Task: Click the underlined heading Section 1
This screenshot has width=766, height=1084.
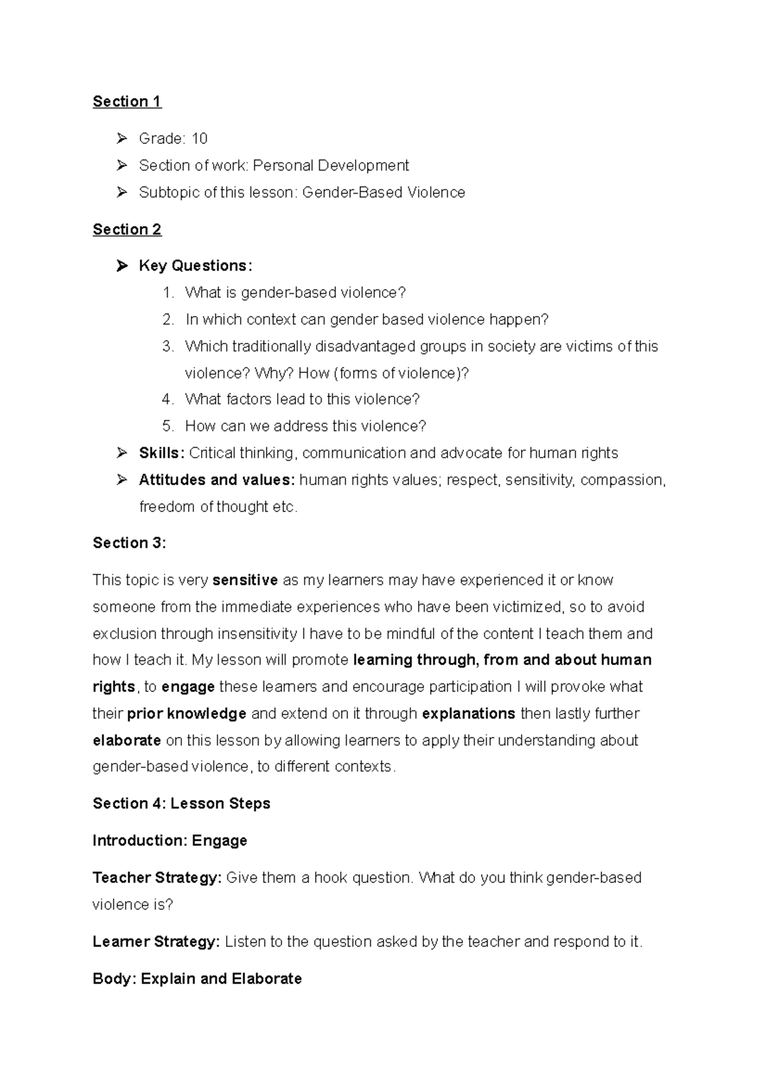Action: [x=126, y=102]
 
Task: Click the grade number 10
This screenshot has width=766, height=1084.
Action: [x=199, y=139]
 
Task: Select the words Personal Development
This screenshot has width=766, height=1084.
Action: [x=331, y=165]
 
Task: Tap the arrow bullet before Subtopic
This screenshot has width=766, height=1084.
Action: [x=122, y=192]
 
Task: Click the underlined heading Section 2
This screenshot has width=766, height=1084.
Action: [x=126, y=229]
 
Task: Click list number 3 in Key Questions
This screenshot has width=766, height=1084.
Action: [x=167, y=346]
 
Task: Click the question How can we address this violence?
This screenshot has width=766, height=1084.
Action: [x=305, y=426]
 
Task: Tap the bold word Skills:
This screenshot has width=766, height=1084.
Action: [x=161, y=453]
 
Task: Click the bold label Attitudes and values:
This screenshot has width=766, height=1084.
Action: [x=217, y=480]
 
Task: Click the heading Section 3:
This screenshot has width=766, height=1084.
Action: [x=129, y=543]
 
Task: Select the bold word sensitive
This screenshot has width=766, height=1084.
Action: [x=245, y=580]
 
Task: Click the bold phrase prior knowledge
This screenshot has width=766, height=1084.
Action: [x=186, y=714]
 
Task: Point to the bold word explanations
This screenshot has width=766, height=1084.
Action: [x=469, y=714]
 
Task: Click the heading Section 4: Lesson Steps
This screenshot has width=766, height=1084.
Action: [x=181, y=804]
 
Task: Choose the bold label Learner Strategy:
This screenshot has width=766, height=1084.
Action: [x=156, y=942]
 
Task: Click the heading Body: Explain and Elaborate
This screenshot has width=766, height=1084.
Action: [x=197, y=979]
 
